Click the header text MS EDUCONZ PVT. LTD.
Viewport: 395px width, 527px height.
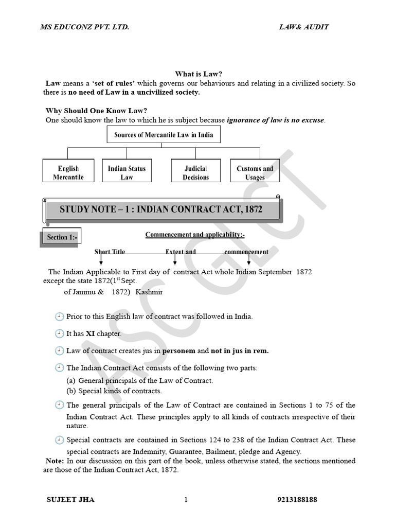click(x=84, y=27)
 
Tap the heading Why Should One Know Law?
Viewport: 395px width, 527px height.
click(x=93, y=111)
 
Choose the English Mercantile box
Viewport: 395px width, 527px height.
click(x=68, y=172)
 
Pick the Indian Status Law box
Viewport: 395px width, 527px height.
click(x=127, y=172)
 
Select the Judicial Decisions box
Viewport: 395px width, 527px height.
click(x=195, y=172)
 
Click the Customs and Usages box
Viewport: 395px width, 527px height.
click(x=255, y=172)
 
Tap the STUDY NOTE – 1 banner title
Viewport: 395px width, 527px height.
click(x=160, y=209)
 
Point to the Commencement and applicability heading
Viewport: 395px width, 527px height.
click(x=195, y=235)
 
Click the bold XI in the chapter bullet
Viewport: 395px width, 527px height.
click(x=91, y=333)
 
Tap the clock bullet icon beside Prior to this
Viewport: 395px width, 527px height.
click(x=59, y=317)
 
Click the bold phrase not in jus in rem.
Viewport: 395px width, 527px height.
click(x=240, y=351)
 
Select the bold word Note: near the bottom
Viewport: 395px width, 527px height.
click(x=55, y=461)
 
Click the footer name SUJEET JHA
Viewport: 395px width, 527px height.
click(x=70, y=500)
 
